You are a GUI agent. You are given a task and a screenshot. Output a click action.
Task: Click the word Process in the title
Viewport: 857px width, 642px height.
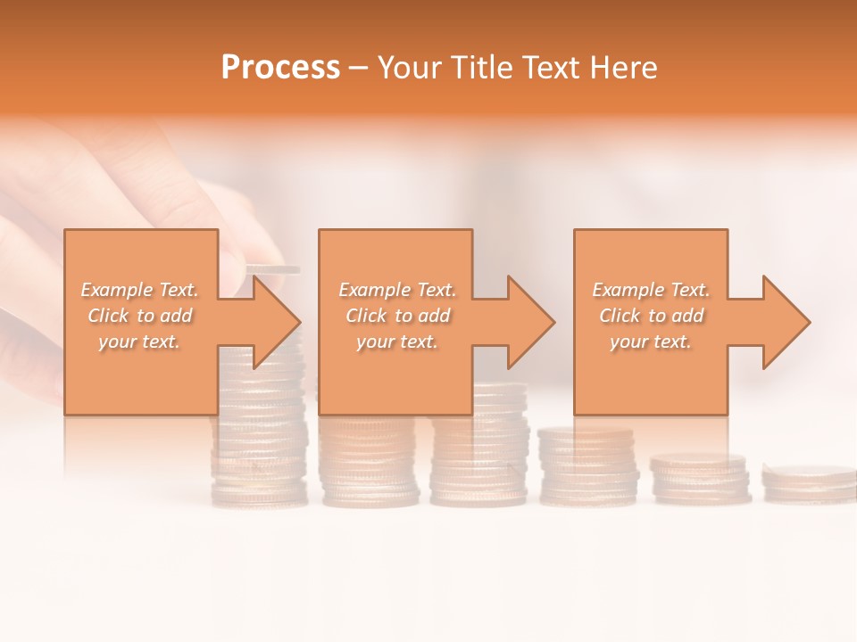280,68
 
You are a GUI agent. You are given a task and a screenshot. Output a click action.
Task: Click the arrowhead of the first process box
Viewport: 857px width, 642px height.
276,322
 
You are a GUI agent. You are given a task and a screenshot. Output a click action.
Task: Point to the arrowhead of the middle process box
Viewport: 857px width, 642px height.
530,322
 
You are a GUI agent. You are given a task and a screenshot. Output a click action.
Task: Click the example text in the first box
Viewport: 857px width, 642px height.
140,316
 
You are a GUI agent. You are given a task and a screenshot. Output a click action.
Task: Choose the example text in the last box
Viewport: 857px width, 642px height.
651,316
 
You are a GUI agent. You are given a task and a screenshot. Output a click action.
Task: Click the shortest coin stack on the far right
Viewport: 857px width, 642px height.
808,481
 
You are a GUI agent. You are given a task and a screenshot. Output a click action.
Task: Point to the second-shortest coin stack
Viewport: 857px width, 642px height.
699,477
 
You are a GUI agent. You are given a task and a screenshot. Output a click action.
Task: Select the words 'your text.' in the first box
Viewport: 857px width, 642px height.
140,342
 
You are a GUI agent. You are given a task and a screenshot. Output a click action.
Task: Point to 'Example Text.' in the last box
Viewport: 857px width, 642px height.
651,290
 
